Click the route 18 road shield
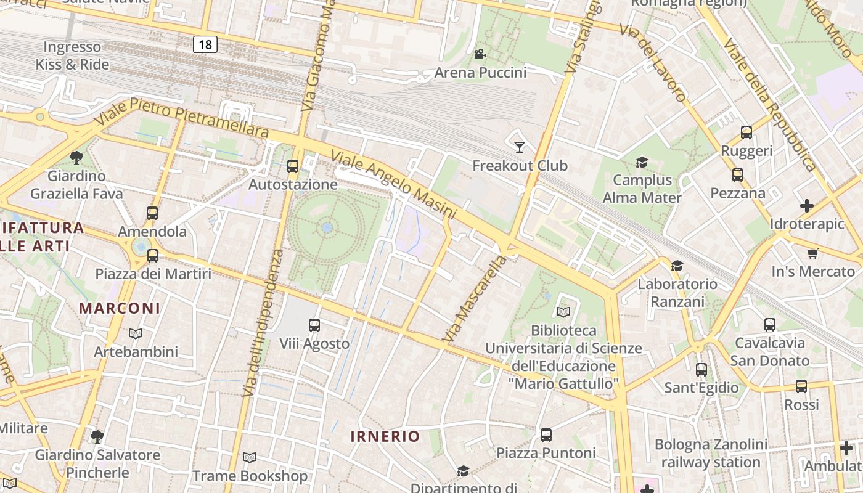tap(205, 44)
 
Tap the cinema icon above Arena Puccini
tap(480, 54)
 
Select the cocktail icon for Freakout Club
tap(519, 147)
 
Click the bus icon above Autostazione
tap(293, 166)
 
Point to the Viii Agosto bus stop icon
tap(314, 325)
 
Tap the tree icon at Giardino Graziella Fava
tap(76, 158)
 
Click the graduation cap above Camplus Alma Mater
tap(642, 162)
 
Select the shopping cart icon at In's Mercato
tap(813, 253)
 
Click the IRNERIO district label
tap(385, 436)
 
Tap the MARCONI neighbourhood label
tap(120, 308)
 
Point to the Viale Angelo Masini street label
tap(395, 184)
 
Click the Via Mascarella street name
tap(475, 298)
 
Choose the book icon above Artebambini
tap(136, 333)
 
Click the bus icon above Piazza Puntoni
tap(546, 435)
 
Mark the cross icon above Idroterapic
tap(806, 205)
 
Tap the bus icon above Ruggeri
tap(746, 132)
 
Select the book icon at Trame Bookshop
tap(249, 458)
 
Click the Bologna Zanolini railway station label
tap(711, 453)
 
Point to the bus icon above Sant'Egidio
tap(701, 370)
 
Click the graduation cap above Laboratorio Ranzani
tap(677, 266)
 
